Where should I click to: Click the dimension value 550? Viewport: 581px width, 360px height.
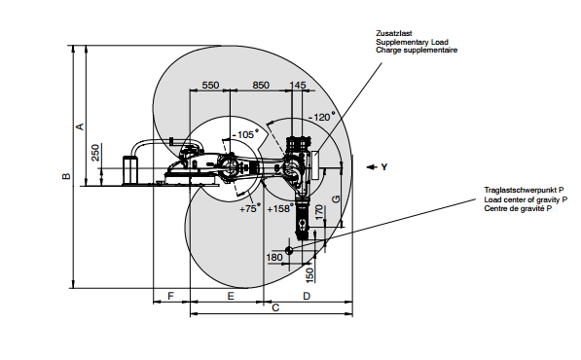(210, 86)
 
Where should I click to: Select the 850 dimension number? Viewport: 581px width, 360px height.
(261, 86)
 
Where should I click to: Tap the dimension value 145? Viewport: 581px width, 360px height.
(298, 86)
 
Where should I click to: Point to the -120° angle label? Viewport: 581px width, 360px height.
(321, 117)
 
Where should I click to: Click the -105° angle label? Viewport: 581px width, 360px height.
(245, 134)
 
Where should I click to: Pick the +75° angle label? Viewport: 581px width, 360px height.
(250, 208)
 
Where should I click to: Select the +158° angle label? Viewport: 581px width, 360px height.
(280, 208)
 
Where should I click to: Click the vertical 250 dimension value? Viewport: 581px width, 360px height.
(95, 153)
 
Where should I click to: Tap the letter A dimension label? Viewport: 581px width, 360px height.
(80, 126)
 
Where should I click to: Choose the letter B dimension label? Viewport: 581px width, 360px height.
(66, 176)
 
